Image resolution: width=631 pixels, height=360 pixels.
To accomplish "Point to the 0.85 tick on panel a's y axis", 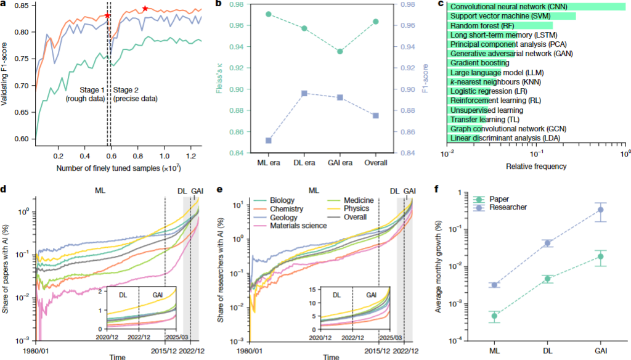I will point(24,6).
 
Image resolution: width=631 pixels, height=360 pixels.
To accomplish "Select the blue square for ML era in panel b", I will point(269,141).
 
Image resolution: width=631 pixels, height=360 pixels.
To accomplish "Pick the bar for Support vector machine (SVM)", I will point(511,15).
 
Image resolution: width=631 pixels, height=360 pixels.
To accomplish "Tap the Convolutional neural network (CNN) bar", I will point(536,6).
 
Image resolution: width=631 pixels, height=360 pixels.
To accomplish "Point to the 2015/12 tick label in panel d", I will point(164,350).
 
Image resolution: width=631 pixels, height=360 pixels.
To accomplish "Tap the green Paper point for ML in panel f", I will point(495,316).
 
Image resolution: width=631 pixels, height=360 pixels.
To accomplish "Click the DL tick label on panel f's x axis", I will point(547,350).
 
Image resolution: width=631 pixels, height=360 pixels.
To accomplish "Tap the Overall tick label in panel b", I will point(375,163).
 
